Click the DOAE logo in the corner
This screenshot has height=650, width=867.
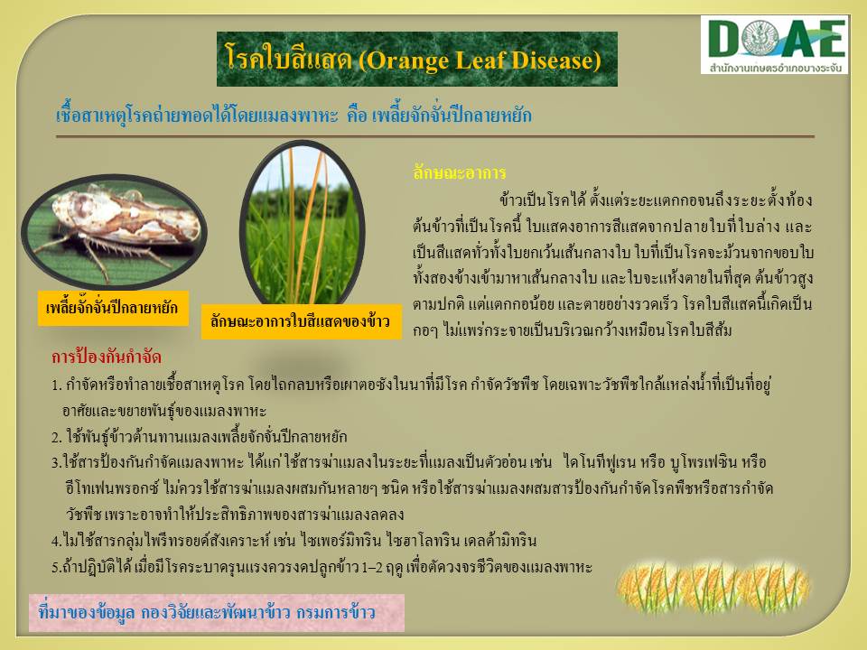pyautogui.click(x=774, y=44)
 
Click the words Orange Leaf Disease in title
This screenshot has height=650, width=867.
pyautogui.click(x=480, y=60)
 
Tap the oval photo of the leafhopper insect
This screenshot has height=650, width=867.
pyautogui.click(x=114, y=231)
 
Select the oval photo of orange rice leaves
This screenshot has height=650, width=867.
pyautogui.click(x=302, y=224)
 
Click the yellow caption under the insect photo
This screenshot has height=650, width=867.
pyautogui.click(x=113, y=308)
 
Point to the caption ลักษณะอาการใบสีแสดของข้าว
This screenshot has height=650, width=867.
pyautogui.click(x=301, y=321)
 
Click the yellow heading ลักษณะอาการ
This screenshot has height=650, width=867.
pyautogui.click(x=460, y=173)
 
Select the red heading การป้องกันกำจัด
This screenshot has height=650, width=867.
pyautogui.click(x=107, y=357)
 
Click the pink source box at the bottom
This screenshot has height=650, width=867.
pyautogui.click(x=216, y=612)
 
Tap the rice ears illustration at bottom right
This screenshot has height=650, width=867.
pyautogui.click(x=713, y=588)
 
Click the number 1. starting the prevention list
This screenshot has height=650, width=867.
pyautogui.click(x=56, y=385)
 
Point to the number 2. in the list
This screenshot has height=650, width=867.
pyautogui.click(x=56, y=438)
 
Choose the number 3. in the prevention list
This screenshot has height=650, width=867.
pyautogui.click(x=56, y=462)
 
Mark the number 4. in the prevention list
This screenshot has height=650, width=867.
pyautogui.click(x=56, y=541)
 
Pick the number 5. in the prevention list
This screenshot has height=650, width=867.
pyautogui.click(x=56, y=568)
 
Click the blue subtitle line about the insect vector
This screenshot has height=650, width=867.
pyautogui.click(x=294, y=115)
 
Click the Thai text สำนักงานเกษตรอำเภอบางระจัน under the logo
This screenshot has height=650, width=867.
pyautogui.click(x=775, y=69)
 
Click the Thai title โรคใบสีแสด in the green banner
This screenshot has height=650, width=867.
pyautogui.click(x=289, y=59)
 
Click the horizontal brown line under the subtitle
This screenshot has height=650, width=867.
pyautogui.click(x=435, y=136)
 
